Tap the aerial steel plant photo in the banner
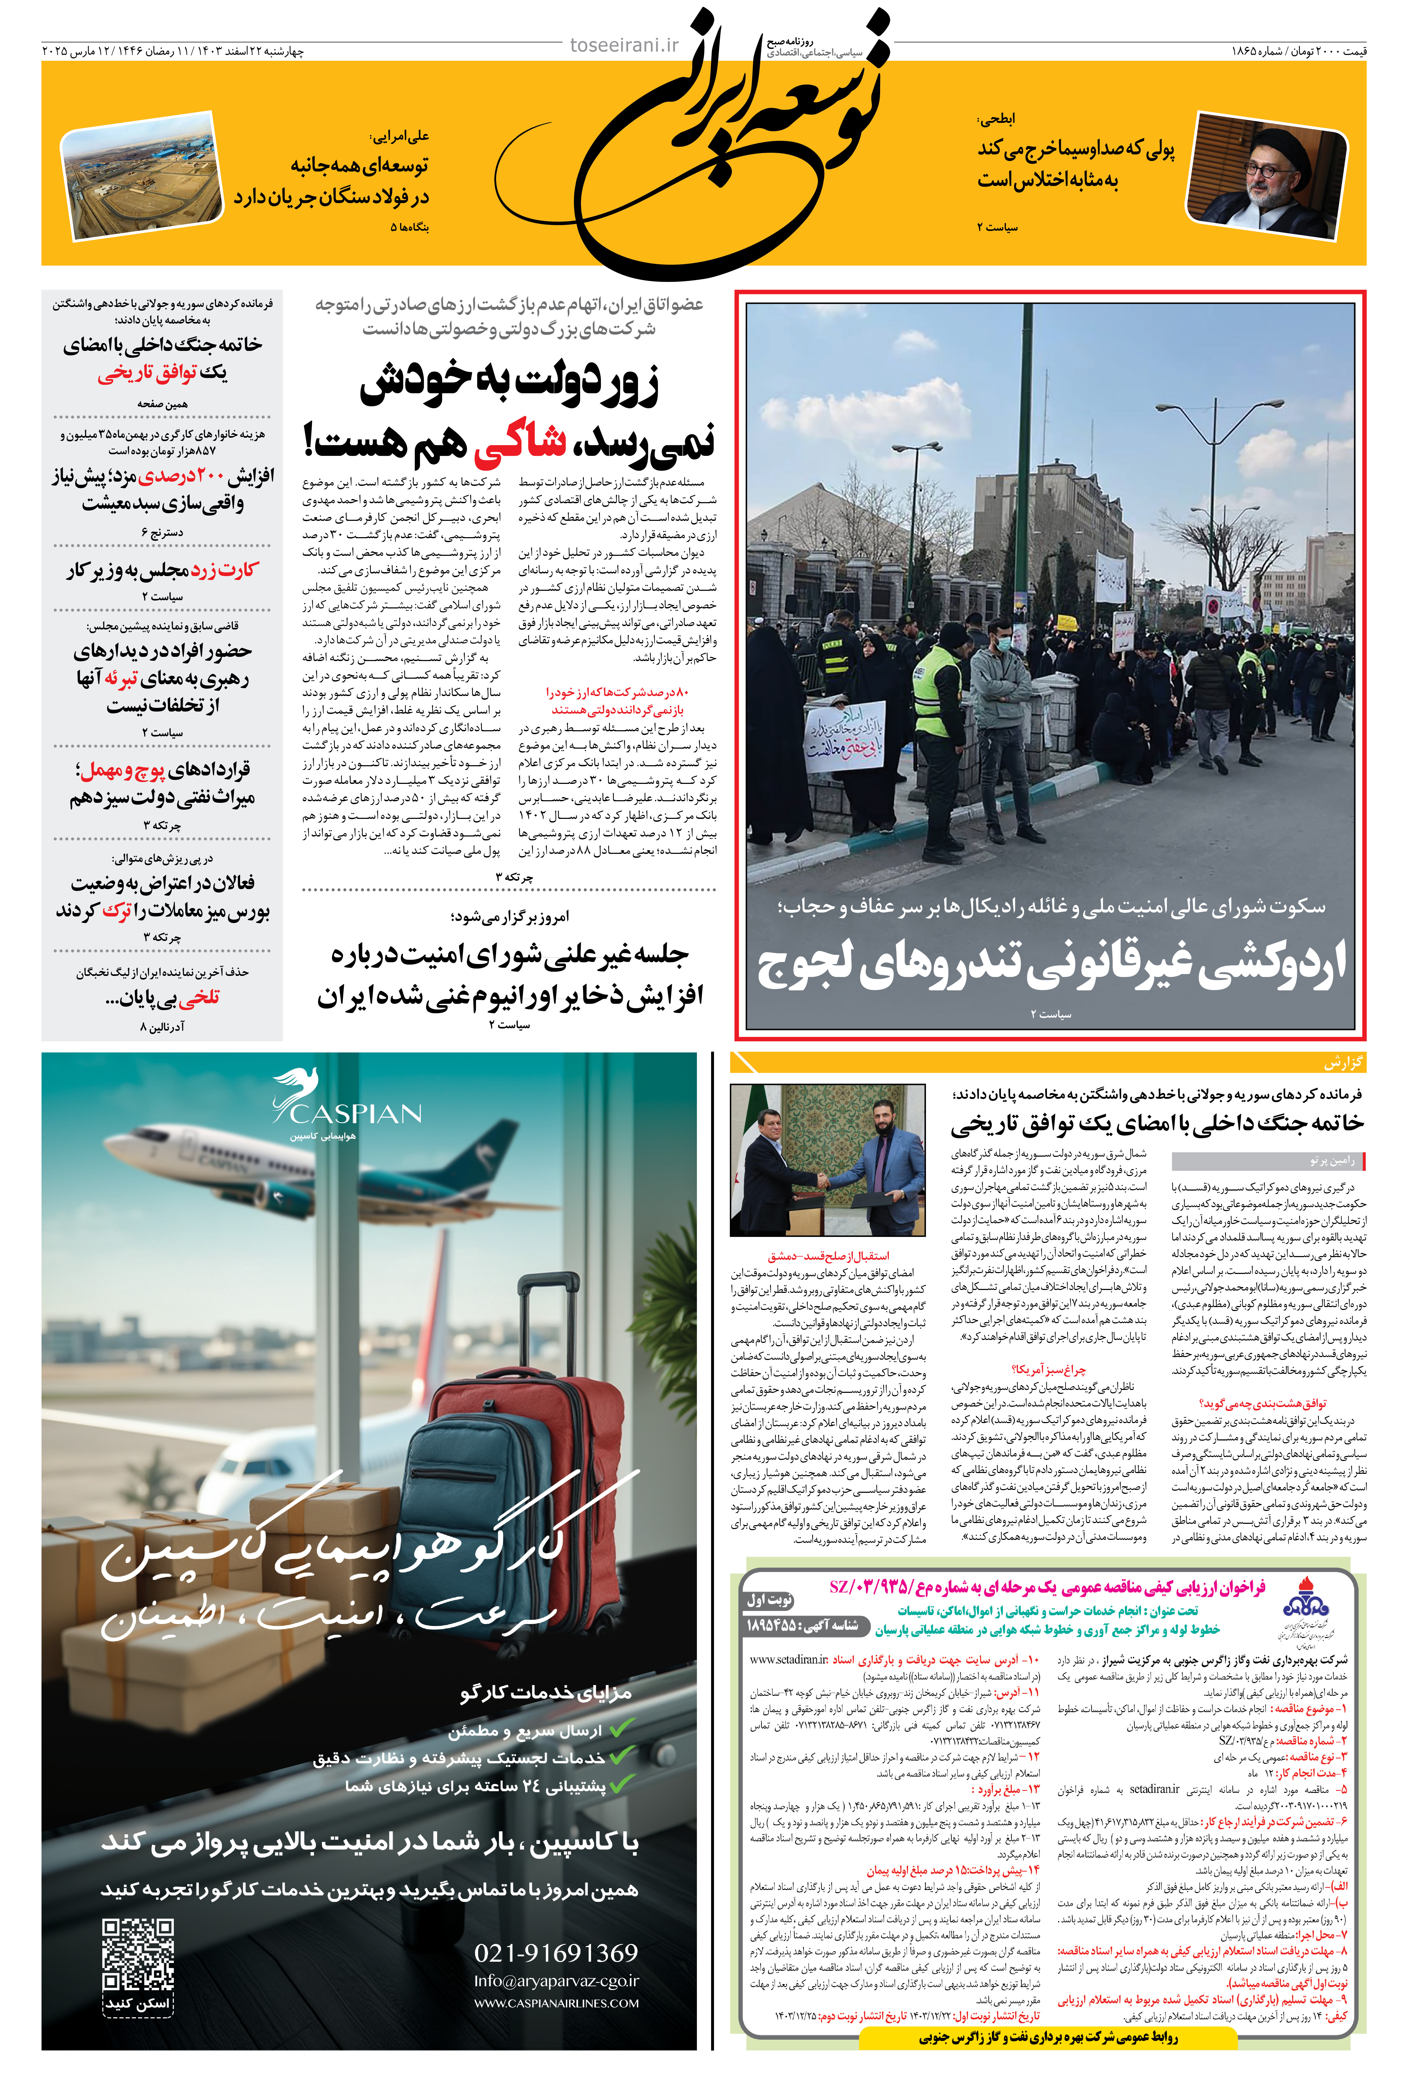142,176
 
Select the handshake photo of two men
827,1160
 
